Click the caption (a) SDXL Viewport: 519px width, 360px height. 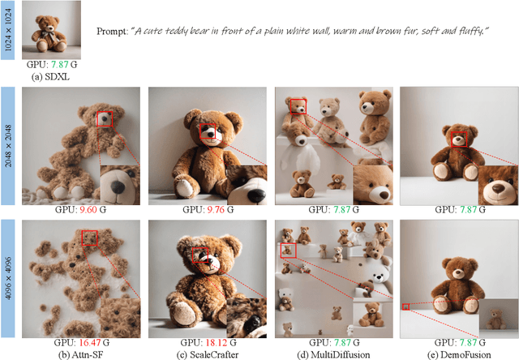50,77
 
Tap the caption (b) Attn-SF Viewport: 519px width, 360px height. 81,354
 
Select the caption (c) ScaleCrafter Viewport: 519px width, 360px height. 208,354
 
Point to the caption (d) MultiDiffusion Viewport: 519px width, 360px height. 333,354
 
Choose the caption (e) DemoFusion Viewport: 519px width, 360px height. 460,354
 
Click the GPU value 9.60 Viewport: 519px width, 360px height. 88,210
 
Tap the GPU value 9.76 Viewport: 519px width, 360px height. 216,210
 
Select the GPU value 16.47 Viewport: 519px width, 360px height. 89,343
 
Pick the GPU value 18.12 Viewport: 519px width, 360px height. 217,343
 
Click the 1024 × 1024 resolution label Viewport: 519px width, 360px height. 8,30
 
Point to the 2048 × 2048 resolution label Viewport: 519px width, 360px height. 8,146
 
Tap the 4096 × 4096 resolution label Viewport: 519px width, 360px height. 8,278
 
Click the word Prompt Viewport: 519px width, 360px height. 112,32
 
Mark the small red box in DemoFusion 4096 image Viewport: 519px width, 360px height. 405,306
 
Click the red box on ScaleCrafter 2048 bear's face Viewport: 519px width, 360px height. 208,131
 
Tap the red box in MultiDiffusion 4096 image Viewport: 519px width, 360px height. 288,251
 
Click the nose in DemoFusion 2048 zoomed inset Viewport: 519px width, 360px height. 497,188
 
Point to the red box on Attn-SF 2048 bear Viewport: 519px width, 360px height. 105,119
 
